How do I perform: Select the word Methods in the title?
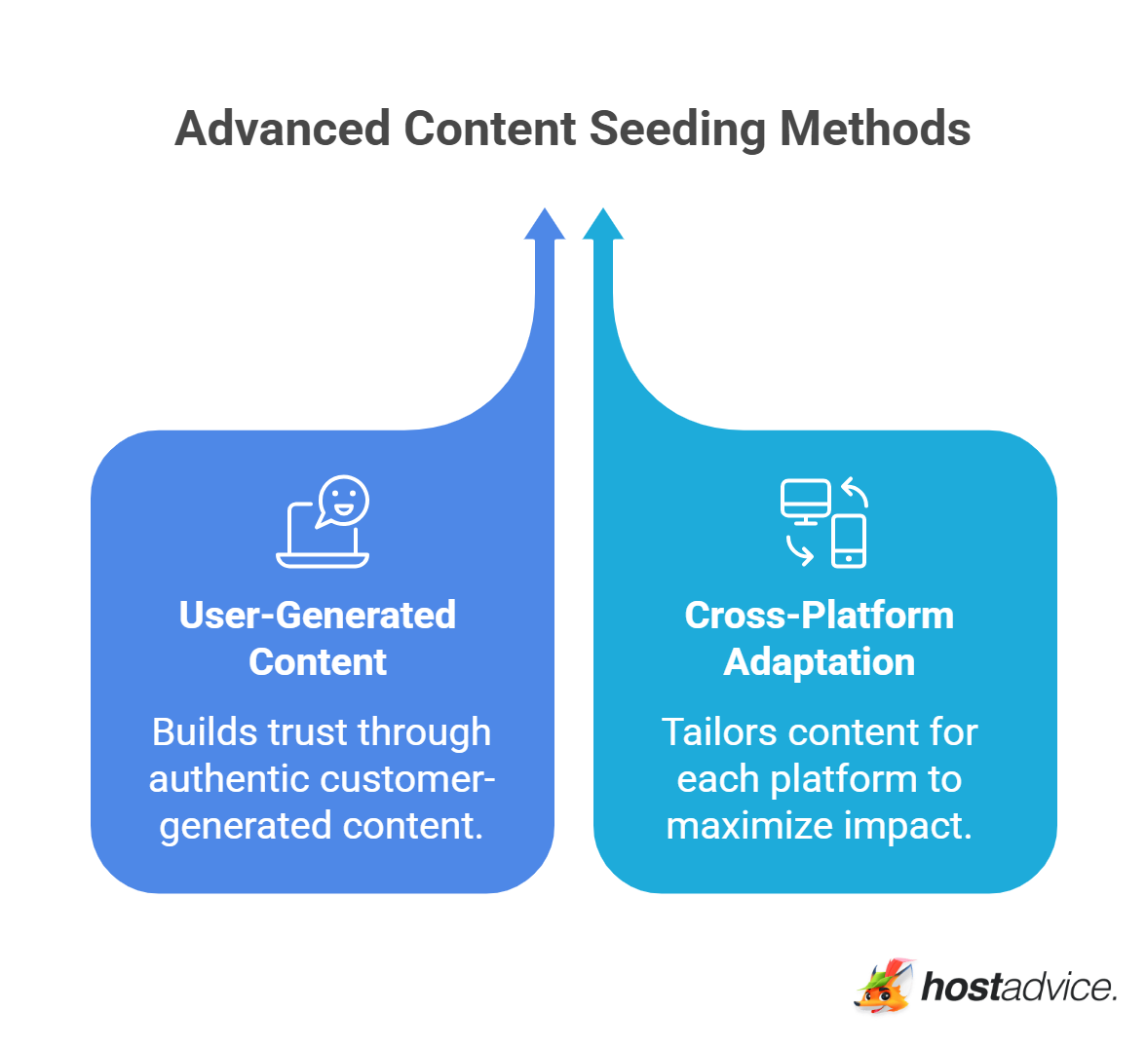click(875, 130)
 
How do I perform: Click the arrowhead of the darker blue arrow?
click(545, 225)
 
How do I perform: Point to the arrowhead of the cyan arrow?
click(603, 225)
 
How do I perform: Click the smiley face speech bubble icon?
click(342, 501)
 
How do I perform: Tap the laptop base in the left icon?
click(323, 560)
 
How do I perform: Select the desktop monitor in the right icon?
click(805, 500)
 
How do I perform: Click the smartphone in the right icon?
click(849, 541)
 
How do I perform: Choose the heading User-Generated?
click(318, 616)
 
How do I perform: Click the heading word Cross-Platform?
click(819, 616)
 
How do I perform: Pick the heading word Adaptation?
click(819, 662)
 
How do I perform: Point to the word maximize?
click(737, 826)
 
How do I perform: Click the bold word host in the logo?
click(961, 987)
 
